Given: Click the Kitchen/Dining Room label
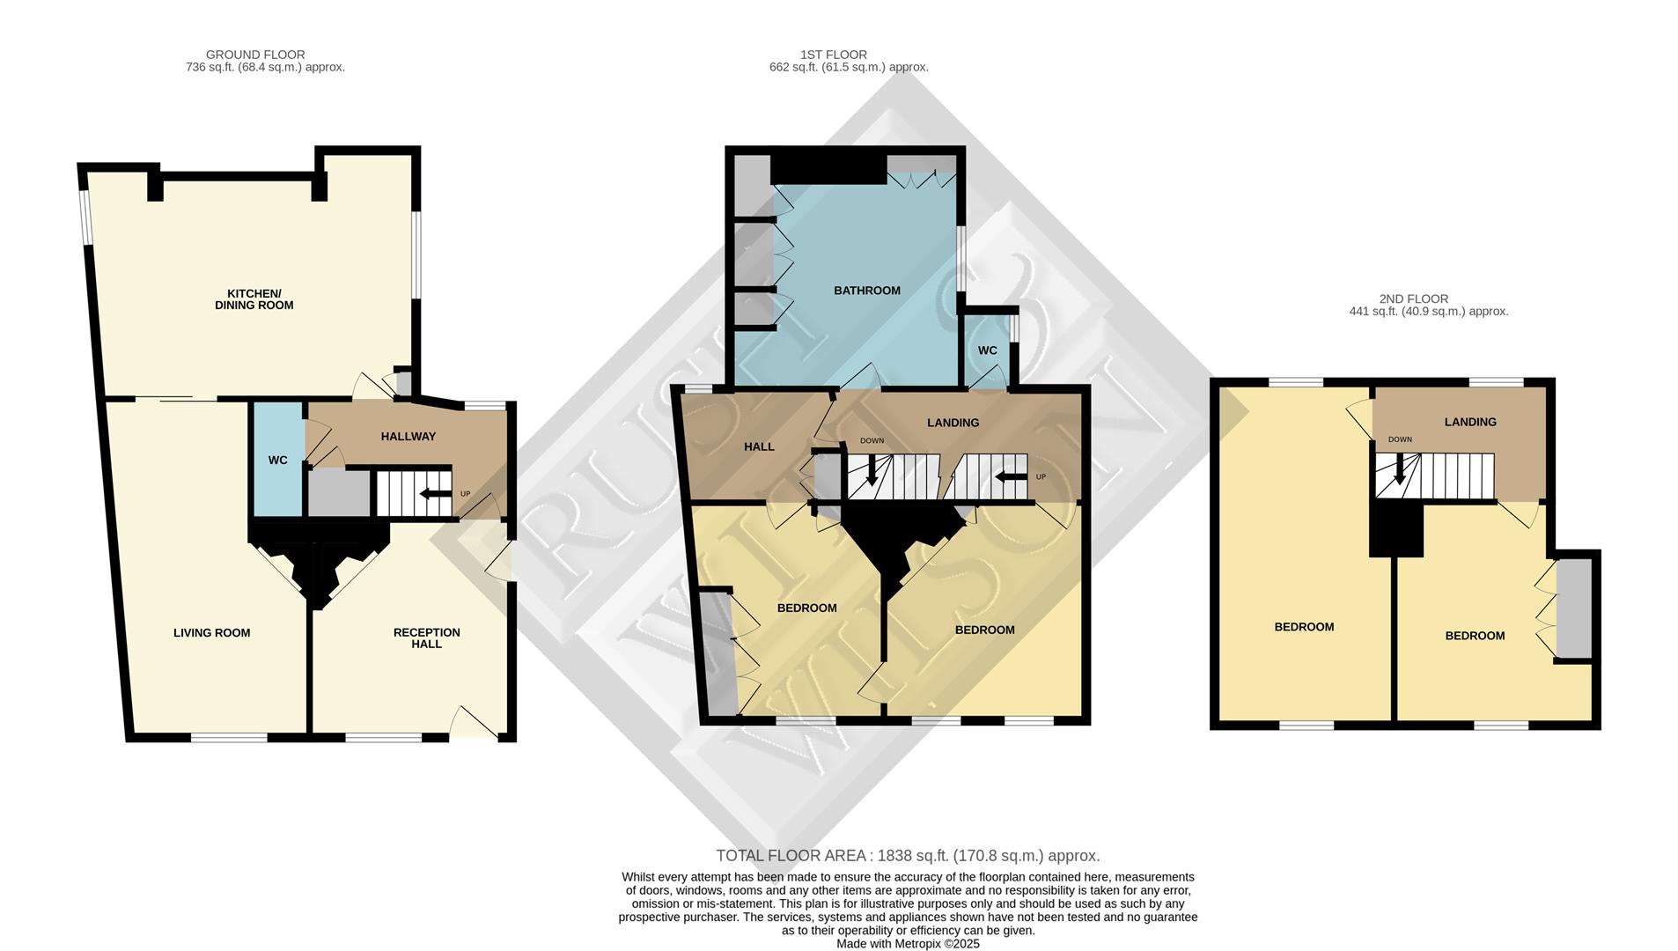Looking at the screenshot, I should coord(254,299).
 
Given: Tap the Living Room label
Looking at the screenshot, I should coord(211,632).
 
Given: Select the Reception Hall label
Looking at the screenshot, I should coord(426,638).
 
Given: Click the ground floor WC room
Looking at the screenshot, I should coord(277,460).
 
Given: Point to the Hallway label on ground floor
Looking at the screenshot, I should coord(408,436).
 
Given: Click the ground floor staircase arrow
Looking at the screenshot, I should coord(436,493).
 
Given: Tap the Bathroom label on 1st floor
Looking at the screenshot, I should coord(866,291).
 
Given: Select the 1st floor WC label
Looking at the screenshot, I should coord(987,350).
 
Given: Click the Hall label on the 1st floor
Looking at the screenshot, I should coord(758,446).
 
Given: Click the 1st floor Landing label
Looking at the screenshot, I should coord(953,423).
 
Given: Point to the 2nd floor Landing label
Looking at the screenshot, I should coord(1469,422).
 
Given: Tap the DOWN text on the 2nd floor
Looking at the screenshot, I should coord(1399,439).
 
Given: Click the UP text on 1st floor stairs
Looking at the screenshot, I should coord(1041,477).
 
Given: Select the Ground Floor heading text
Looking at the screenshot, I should coord(255,55).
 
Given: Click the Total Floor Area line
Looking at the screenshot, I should coord(908,856).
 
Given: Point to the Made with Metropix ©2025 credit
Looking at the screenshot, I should coord(908,944).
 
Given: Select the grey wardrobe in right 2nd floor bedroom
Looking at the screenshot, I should coord(1573,608).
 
